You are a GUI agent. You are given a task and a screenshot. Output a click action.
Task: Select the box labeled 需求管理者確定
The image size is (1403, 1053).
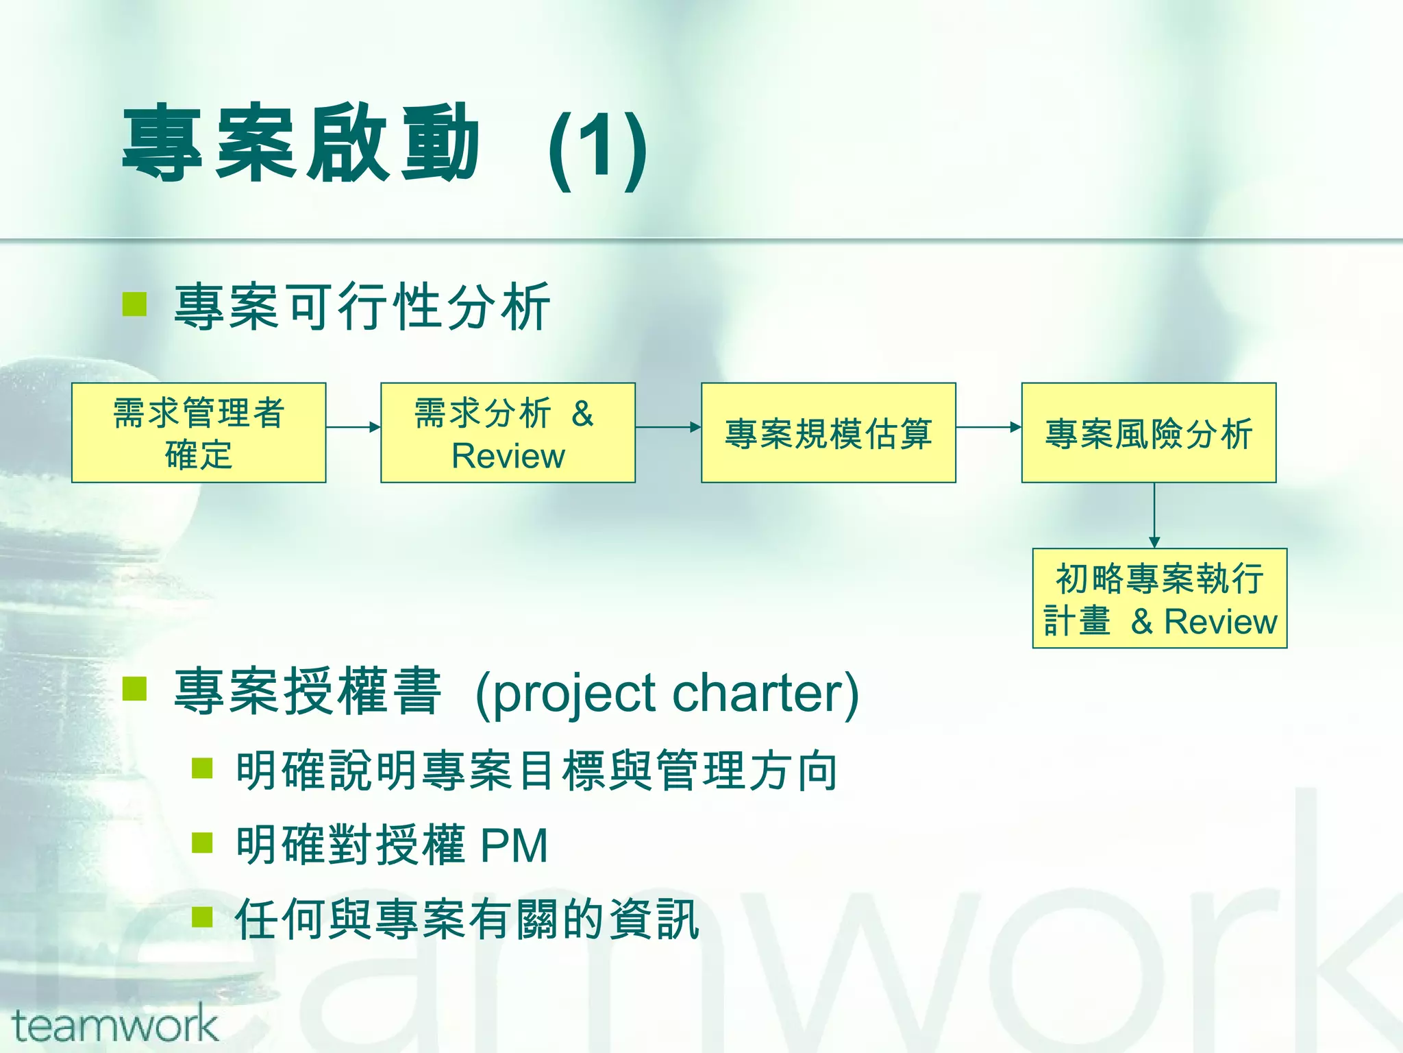(199, 433)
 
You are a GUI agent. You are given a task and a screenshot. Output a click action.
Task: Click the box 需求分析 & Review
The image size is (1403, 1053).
(508, 433)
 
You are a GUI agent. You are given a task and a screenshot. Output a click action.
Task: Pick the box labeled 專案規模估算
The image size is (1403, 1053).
(828, 433)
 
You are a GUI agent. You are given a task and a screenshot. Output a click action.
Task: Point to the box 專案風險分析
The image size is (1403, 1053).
(1148, 433)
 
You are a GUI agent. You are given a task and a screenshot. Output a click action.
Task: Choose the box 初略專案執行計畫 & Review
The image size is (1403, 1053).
(1159, 598)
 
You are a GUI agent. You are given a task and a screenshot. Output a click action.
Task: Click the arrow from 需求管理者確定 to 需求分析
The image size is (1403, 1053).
(353, 427)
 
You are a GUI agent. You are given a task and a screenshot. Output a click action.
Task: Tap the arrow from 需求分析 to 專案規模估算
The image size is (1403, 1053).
(668, 427)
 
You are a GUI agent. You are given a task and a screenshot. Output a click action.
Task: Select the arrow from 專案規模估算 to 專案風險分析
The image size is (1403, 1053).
(988, 427)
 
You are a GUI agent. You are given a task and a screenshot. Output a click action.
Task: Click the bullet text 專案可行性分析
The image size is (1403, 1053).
(362, 306)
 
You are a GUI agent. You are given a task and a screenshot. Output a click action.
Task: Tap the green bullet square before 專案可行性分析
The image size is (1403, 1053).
(135, 304)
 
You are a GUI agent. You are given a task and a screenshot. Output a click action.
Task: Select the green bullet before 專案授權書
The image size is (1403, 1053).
(135, 689)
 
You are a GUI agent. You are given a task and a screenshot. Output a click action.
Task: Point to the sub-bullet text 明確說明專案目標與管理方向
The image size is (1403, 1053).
(536, 771)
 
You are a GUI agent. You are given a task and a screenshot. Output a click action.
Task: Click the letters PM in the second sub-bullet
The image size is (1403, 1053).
(514, 845)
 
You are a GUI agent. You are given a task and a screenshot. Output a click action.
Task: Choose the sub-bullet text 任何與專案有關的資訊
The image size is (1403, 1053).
(467, 919)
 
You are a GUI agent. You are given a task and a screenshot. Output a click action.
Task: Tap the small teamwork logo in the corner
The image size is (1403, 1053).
(114, 1025)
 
